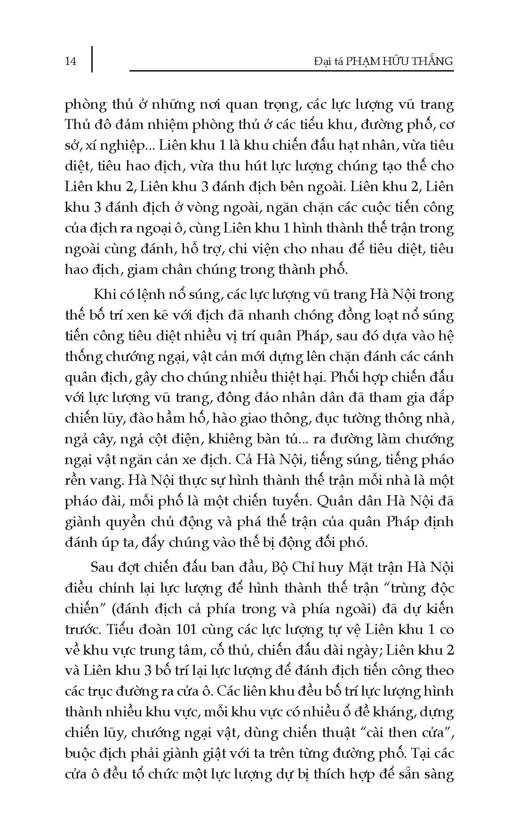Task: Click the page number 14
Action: coord(71,61)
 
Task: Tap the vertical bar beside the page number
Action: coord(92,59)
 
